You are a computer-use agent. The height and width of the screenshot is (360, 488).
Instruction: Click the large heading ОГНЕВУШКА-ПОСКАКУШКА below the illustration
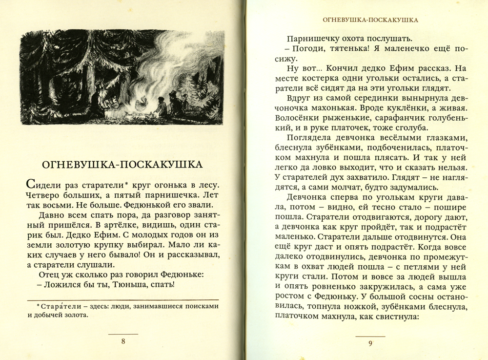point(121,164)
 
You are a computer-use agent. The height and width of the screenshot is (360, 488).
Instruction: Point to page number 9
point(370,343)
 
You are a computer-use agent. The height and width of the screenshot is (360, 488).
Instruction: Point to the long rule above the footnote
point(122,299)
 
